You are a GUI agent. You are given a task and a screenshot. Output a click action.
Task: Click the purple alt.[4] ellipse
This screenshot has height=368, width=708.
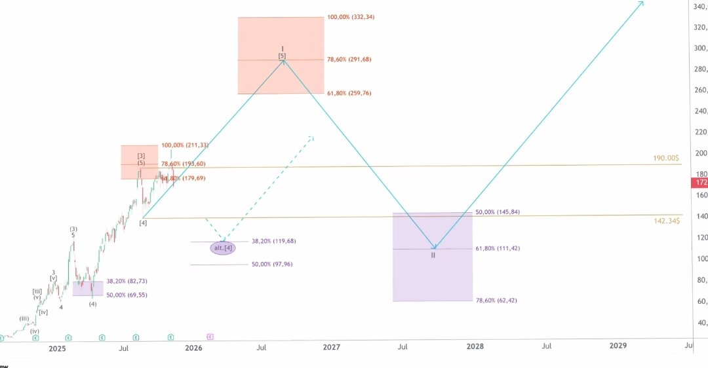(x=222, y=248)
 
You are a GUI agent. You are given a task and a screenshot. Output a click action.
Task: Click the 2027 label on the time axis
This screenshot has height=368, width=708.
(x=332, y=346)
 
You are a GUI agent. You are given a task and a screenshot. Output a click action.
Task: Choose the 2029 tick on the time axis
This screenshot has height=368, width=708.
(x=618, y=346)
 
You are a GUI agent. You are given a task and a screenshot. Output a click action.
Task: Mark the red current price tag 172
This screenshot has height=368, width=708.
(x=701, y=182)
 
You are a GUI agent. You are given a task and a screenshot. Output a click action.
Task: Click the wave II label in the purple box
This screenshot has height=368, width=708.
(x=433, y=255)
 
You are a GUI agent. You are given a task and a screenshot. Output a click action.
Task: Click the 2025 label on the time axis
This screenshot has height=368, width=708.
(x=57, y=348)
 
